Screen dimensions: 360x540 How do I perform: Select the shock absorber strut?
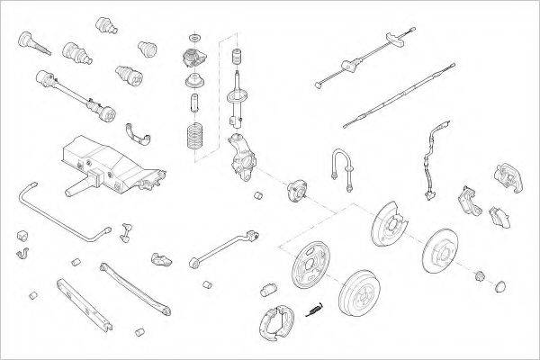238,90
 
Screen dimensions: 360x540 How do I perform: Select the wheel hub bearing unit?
297,191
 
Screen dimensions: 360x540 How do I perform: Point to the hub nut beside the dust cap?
481,274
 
